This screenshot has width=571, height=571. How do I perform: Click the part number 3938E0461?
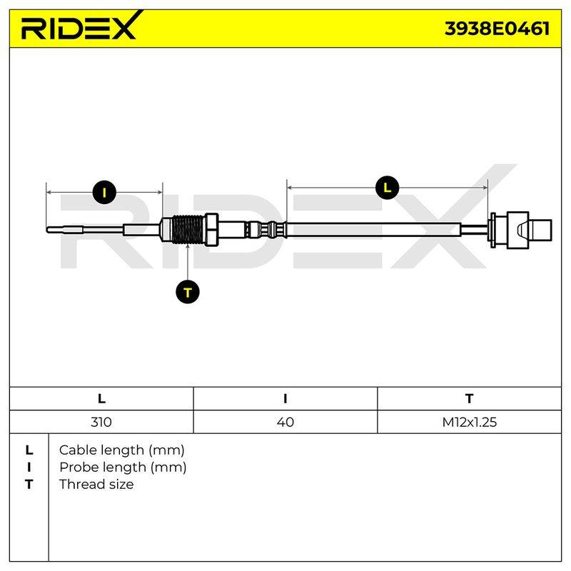click(x=497, y=29)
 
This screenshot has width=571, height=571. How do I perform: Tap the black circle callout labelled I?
click(x=104, y=192)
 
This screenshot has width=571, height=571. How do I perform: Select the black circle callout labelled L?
click(x=387, y=188)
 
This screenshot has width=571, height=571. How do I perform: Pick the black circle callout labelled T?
click(x=188, y=292)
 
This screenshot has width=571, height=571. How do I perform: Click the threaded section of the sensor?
click(x=188, y=230)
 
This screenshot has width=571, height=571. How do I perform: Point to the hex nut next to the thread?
click(x=212, y=230)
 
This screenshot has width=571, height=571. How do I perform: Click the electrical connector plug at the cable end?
click(x=521, y=230)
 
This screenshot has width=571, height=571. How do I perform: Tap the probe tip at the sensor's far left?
click(x=48, y=229)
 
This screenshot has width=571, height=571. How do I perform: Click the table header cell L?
click(x=101, y=398)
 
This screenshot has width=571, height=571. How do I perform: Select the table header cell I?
click(x=285, y=398)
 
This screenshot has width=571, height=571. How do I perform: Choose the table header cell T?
click(x=469, y=398)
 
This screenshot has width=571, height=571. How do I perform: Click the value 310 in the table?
click(x=101, y=422)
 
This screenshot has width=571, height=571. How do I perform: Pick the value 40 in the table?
click(x=285, y=422)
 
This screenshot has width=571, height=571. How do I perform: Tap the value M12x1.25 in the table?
click(x=470, y=422)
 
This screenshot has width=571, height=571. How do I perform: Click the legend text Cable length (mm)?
click(x=121, y=450)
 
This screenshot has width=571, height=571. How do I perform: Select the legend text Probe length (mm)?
click(x=123, y=468)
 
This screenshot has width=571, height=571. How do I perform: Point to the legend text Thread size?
click(x=96, y=485)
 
